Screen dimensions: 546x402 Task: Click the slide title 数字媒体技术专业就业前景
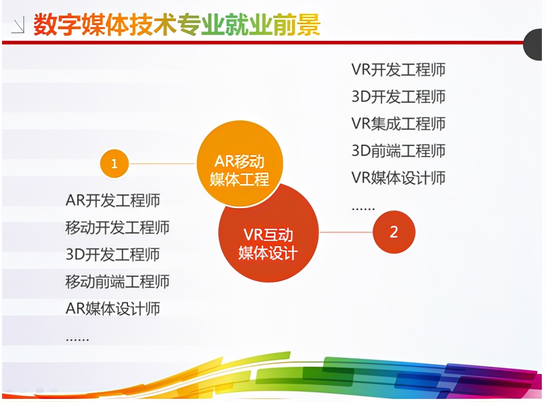(177, 25)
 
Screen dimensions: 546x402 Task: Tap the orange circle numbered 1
(114, 163)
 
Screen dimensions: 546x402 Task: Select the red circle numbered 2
(394, 232)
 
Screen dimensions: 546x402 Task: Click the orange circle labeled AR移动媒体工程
(240, 163)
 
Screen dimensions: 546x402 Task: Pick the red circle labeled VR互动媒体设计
(268, 232)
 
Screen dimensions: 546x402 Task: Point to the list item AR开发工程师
(113, 200)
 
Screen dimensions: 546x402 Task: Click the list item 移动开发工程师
(118, 228)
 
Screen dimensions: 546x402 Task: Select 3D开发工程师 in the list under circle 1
(113, 255)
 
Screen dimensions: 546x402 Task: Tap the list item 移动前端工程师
(118, 281)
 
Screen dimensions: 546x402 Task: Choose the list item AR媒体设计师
(113, 308)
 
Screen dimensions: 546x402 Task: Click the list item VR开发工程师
(398, 70)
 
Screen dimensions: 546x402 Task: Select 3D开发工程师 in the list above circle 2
(398, 97)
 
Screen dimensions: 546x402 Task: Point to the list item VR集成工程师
(398, 124)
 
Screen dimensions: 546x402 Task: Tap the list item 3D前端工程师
(398, 151)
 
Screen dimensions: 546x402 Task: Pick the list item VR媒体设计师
(398, 177)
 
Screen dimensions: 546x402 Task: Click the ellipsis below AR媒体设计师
(77, 339)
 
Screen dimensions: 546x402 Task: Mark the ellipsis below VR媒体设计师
(363, 209)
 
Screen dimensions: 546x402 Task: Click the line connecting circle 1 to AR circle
(162, 163)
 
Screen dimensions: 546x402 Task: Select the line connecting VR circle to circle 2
(346, 232)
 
